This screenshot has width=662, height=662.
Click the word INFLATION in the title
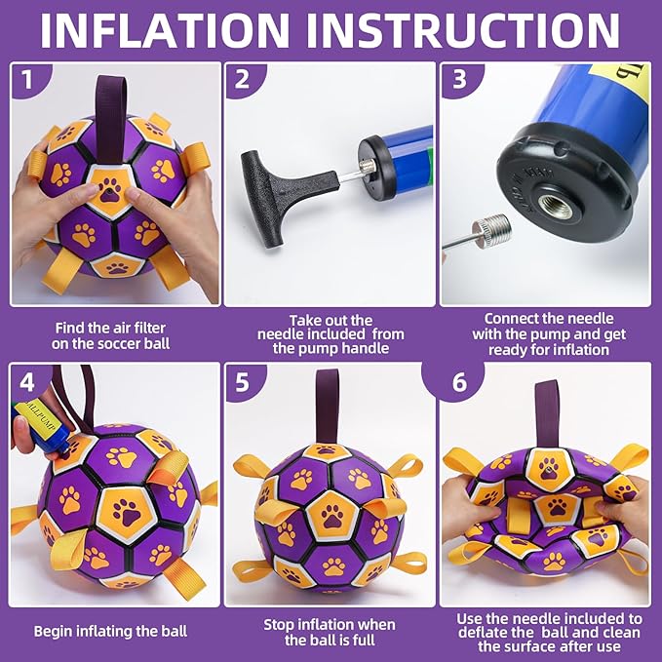click(x=186, y=30)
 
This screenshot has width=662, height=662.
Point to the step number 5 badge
click(x=241, y=381)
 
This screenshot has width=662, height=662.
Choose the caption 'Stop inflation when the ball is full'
click(x=329, y=632)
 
